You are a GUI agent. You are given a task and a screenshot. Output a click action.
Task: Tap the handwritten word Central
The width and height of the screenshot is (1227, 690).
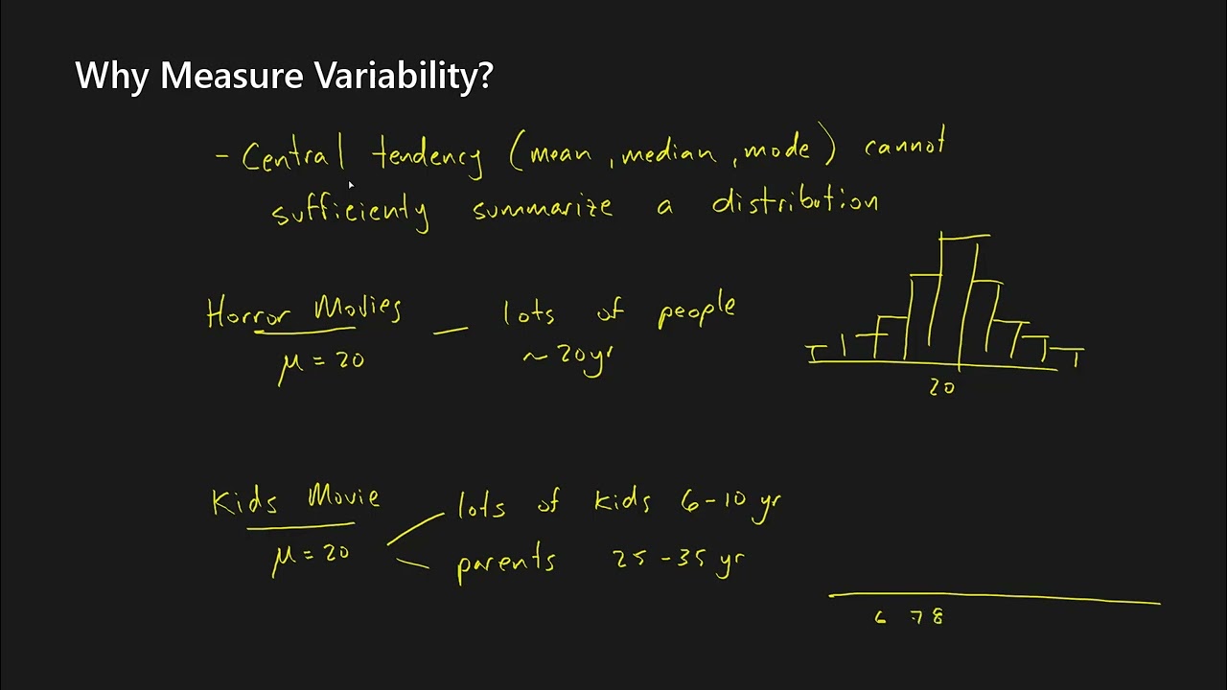click(x=292, y=156)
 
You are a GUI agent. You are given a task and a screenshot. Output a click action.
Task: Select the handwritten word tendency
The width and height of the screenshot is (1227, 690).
click(x=428, y=155)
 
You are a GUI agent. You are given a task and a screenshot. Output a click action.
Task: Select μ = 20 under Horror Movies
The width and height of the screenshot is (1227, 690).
click(x=321, y=362)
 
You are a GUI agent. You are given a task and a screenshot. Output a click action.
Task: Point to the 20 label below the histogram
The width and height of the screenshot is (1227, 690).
click(x=941, y=387)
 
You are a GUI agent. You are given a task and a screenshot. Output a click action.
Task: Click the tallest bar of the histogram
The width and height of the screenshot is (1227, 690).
click(x=959, y=297)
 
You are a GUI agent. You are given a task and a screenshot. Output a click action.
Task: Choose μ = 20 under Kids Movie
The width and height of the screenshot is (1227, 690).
click(x=312, y=556)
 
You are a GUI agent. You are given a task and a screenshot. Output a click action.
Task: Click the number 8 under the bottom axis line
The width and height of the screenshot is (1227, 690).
click(x=937, y=618)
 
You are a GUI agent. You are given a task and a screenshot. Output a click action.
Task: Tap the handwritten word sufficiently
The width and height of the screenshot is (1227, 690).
click(x=350, y=211)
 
